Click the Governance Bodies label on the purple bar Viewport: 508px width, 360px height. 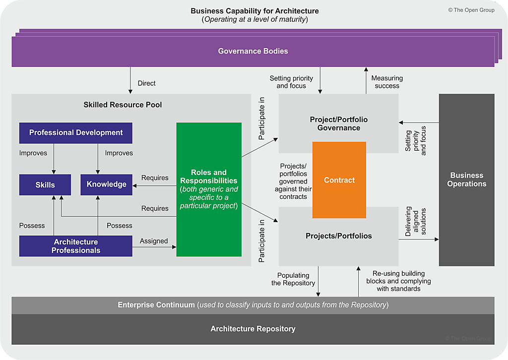click(x=253, y=51)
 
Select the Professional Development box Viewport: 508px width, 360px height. click(x=76, y=133)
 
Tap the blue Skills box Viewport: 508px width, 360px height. click(x=45, y=184)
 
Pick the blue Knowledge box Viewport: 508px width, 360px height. click(x=107, y=184)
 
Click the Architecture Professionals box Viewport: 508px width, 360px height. click(x=76, y=246)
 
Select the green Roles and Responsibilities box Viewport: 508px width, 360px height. click(x=209, y=189)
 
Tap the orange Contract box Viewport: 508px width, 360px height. click(x=339, y=180)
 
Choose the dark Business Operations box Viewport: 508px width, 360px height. click(x=466, y=180)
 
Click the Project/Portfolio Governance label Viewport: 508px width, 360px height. click(x=339, y=123)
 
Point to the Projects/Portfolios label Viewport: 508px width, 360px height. click(x=339, y=236)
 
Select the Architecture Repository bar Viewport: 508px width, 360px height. click(x=253, y=329)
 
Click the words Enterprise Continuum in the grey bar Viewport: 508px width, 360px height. click(x=156, y=305)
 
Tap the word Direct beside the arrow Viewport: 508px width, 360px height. click(x=147, y=83)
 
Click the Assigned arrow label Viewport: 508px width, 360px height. click(x=154, y=241)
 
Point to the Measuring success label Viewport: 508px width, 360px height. click(x=387, y=82)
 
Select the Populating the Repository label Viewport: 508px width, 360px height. click(x=293, y=279)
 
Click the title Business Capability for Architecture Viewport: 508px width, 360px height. click(x=255, y=11)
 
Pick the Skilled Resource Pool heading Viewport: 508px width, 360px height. click(x=123, y=105)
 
